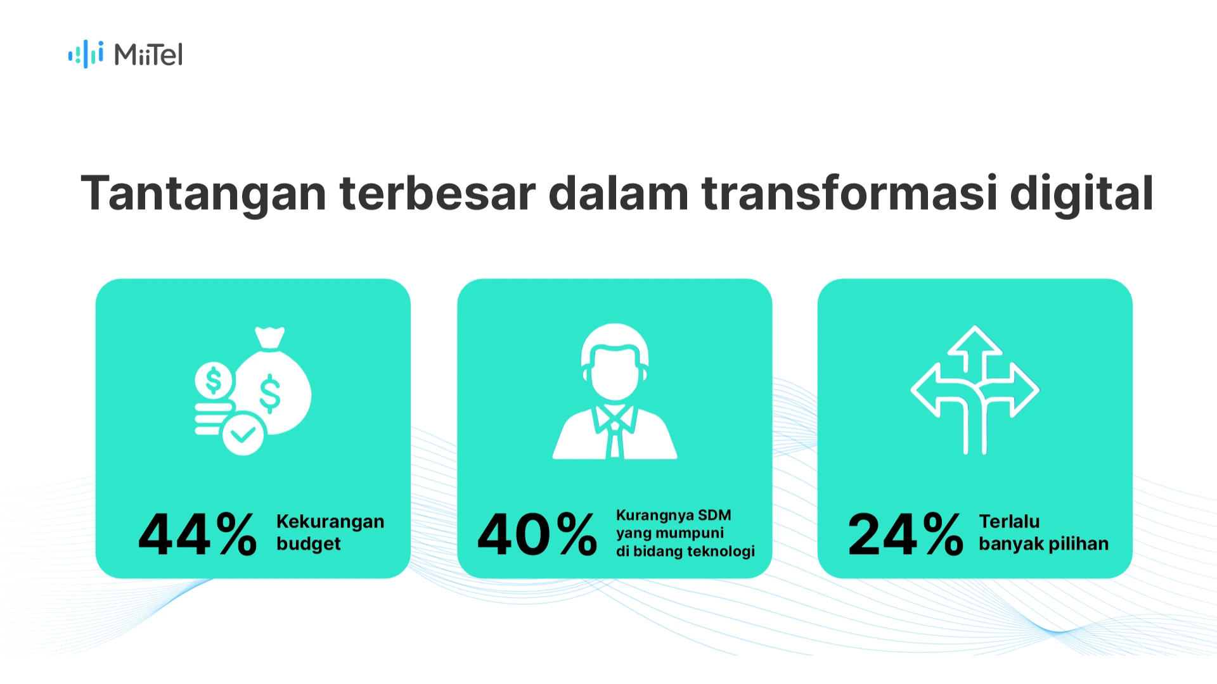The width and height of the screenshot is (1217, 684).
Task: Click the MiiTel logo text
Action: [148, 55]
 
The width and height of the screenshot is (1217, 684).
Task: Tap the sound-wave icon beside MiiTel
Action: [86, 54]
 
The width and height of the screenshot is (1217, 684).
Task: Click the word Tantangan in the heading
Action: [203, 193]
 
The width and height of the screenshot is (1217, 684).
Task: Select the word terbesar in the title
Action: [437, 193]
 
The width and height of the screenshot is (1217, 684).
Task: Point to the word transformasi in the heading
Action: [849, 193]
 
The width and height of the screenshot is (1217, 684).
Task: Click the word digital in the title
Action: [1081, 193]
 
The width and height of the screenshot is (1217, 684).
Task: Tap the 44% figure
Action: [197, 535]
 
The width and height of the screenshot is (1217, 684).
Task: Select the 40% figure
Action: [537, 535]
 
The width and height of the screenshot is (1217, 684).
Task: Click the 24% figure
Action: [905, 535]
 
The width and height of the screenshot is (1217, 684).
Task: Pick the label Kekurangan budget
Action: [330, 533]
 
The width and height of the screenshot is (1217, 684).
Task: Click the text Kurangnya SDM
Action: [673, 515]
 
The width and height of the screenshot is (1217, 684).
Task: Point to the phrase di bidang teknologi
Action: [685, 551]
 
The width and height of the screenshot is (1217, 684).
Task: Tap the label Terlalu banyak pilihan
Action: [1043, 533]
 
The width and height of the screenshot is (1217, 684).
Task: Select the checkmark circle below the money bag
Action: [243, 434]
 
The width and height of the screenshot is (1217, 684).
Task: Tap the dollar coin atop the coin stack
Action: [214, 381]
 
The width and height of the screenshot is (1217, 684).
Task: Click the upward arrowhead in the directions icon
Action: [974, 342]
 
